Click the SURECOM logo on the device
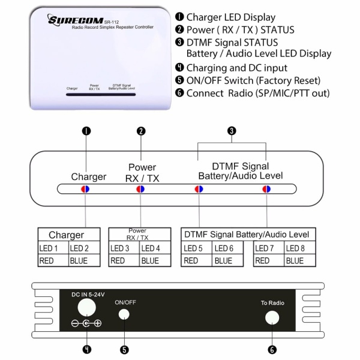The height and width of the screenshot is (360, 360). (x=76, y=20)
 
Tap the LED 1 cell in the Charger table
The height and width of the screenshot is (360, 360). (x=53, y=248)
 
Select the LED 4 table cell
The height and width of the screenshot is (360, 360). (x=155, y=248)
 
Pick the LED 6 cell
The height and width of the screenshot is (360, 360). (x=227, y=248)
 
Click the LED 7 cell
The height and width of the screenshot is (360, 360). (x=269, y=248)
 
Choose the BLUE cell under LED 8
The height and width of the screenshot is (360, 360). (x=300, y=260)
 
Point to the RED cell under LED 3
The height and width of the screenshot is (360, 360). (x=124, y=260)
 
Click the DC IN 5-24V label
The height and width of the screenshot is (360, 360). (x=88, y=295)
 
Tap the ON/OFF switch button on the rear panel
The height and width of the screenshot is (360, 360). (x=124, y=314)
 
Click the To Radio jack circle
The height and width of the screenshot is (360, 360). (x=272, y=318)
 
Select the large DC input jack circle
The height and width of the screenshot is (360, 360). (x=87, y=307)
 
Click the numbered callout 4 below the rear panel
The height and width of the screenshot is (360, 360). (x=87, y=350)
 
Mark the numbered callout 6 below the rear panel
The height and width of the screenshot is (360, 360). (x=272, y=350)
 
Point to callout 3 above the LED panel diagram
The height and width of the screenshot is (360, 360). (x=232, y=131)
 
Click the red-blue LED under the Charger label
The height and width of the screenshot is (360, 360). (x=85, y=189)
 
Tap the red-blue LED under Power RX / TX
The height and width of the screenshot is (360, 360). (x=140, y=189)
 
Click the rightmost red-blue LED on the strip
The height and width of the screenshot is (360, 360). (x=266, y=189)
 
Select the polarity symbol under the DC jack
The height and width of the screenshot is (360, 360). (x=86, y=323)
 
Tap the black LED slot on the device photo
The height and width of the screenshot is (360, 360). (x=101, y=94)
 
